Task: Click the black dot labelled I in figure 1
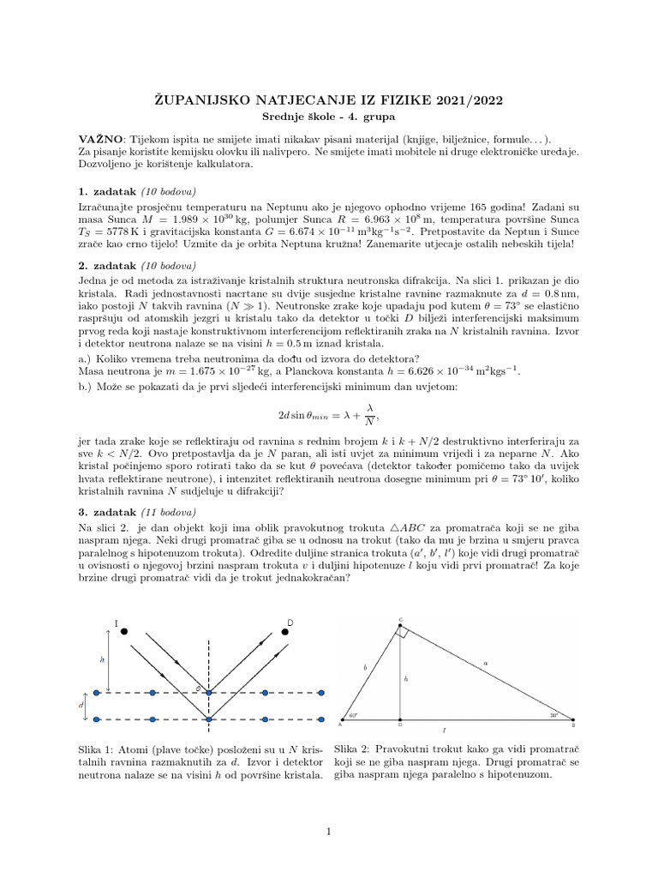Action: click(x=124, y=631)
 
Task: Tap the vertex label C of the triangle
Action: click(x=401, y=619)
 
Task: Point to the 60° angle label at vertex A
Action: click(x=353, y=713)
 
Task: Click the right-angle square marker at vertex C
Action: click(x=404, y=632)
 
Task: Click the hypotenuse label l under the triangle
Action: click(x=443, y=731)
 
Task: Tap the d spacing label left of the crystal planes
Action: click(x=82, y=705)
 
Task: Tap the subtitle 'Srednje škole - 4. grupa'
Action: click(x=329, y=116)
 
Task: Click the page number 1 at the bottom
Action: click(x=329, y=831)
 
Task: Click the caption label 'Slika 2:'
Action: click(x=354, y=747)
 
